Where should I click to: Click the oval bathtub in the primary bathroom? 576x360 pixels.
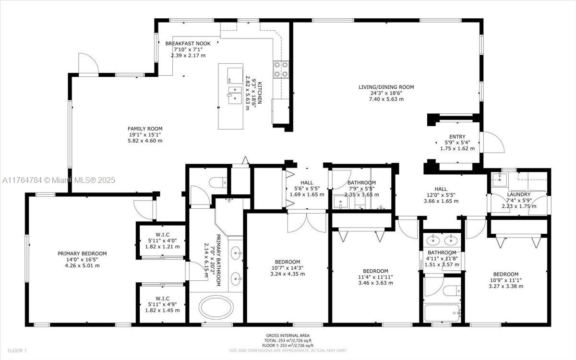216,308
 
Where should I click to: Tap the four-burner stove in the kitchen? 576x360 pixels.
281,70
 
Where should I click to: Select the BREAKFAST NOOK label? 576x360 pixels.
188,44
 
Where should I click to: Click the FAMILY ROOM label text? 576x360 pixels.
145,129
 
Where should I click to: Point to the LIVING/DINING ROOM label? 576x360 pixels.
386,87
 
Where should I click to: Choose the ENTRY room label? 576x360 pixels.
457,136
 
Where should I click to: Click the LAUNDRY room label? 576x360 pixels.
519,194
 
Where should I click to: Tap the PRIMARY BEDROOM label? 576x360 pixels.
82,253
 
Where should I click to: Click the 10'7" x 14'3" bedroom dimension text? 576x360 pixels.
288,268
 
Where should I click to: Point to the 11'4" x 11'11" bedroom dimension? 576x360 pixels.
375,277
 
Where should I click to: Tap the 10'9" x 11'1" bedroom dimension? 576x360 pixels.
506,280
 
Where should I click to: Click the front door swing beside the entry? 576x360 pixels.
492,143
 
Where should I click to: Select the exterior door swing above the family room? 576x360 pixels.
88,63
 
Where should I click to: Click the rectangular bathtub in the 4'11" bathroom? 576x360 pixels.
442,312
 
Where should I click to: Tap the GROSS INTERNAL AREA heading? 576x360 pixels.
288,336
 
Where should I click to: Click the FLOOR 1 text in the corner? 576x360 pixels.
17,350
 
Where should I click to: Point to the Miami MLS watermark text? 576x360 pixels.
59,180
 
